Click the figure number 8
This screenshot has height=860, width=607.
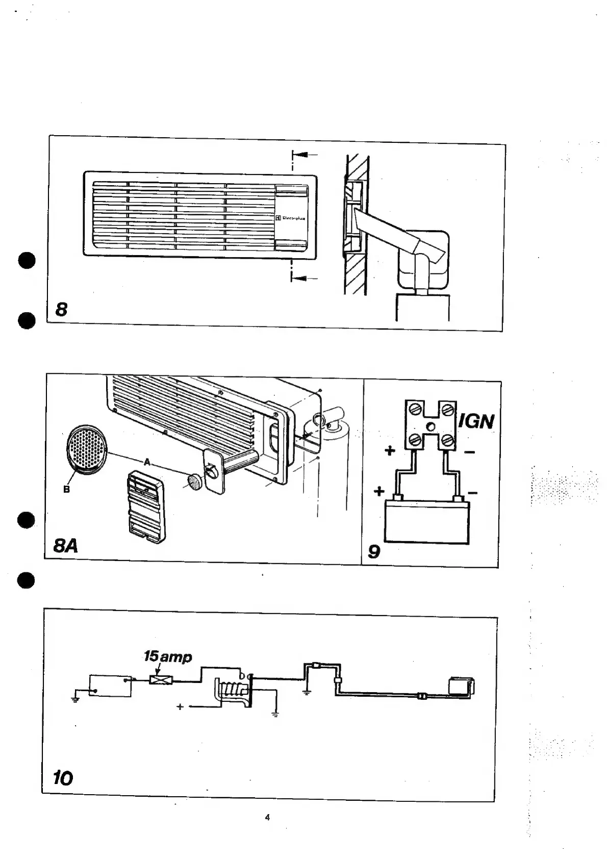[61, 309]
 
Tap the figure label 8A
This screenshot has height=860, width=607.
[66, 546]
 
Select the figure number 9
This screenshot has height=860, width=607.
[374, 551]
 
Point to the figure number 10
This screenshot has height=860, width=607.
[63, 778]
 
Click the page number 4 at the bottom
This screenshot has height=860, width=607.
[267, 818]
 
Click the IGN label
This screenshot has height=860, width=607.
[476, 422]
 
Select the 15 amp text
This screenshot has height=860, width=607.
[168, 656]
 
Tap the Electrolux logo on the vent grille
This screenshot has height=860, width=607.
[291, 218]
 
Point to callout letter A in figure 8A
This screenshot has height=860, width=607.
[147, 462]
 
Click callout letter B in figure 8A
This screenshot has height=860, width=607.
[66, 490]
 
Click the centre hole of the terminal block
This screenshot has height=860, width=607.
[431, 426]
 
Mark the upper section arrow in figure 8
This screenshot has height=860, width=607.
[305, 154]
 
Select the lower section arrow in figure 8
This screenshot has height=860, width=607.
[305, 278]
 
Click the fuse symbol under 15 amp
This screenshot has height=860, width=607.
[161, 679]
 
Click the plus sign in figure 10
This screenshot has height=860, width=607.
[180, 707]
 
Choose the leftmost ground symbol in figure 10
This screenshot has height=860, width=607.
[75, 698]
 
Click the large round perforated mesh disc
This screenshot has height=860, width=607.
[88, 450]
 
